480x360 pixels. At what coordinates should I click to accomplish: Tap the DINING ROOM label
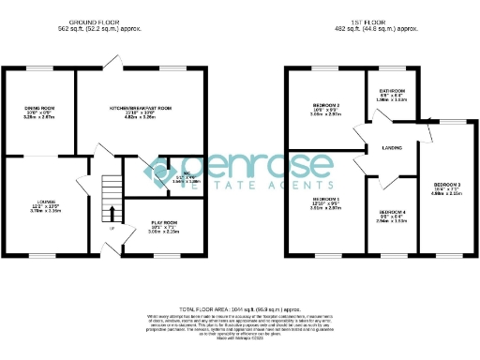tap(38, 109)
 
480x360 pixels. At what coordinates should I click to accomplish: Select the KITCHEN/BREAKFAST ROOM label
tap(141, 109)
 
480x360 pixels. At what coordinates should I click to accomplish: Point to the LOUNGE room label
tap(37, 202)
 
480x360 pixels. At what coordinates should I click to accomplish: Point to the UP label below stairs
tap(112, 229)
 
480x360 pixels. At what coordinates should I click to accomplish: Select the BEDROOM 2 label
tap(326, 104)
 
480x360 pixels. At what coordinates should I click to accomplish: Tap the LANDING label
tap(392, 148)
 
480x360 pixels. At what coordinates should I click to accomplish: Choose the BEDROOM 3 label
tap(446, 184)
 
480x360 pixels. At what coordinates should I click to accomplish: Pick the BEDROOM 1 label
tap(326, 200)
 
